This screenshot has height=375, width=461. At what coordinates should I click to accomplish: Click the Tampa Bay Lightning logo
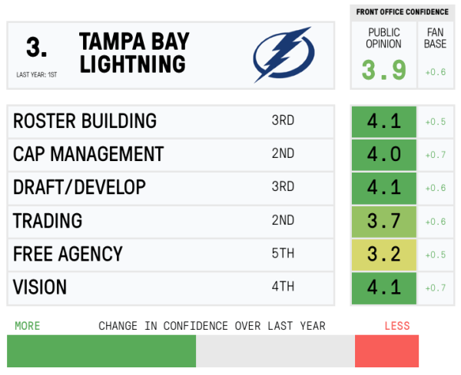point(283,54)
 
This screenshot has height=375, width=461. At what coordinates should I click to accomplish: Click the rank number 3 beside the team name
point(36,48)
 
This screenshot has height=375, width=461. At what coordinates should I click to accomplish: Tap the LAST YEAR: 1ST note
point(36,75)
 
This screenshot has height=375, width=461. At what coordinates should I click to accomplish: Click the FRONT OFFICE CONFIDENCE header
point(402,12)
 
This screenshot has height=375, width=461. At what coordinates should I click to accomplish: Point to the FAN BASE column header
point(436,38)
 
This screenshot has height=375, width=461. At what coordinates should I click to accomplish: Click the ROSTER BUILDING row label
point(85,121)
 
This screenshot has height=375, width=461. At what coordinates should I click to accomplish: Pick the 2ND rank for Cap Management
point(283,154)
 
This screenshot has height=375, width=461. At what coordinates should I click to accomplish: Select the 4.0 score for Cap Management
point(384,154)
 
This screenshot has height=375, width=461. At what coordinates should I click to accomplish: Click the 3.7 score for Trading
point(384,221)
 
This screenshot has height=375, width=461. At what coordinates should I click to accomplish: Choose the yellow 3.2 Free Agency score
point(384,254)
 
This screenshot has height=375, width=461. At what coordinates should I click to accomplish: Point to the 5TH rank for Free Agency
point(283,254)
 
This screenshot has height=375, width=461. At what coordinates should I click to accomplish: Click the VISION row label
point(40,288)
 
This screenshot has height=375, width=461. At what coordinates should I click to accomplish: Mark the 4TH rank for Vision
point(283,288)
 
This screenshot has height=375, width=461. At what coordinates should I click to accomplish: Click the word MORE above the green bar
point(27,326)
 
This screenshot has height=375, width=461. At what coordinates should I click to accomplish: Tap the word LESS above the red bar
point(397,326)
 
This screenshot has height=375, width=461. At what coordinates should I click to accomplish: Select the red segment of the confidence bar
point(386,351)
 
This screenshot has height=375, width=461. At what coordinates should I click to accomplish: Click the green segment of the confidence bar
point(101,351)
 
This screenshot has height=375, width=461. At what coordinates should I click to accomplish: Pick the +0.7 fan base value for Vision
point(436,288)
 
